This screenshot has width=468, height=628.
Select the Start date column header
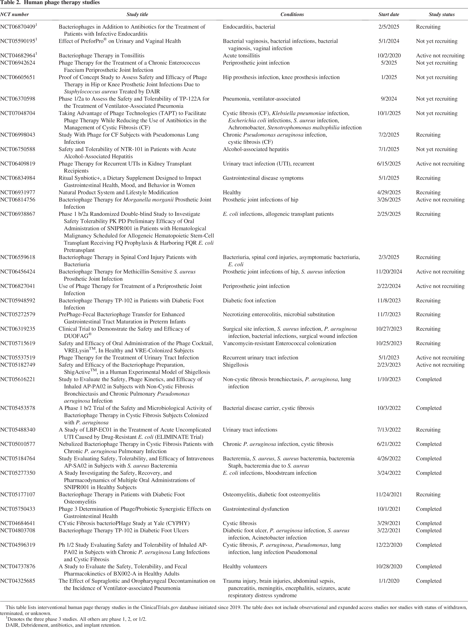click(x=389, y=14)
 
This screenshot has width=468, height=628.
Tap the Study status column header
click(x=441, y=14)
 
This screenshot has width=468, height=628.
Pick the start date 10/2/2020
click(x=389, y=56)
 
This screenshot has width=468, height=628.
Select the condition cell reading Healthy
click(x=232, y=192)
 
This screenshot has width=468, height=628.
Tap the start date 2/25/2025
click(x=389, y=214)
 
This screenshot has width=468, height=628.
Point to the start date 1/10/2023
click(x=389, y=379)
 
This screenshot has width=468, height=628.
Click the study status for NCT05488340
click(x=428, y=430)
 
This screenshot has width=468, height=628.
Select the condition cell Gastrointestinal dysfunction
click(x=256, y=509)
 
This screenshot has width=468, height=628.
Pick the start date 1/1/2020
click(x=389, y=581)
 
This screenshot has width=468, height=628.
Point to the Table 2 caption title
click(x=50, y=3)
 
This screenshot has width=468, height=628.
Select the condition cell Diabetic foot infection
click(x=249, y=300)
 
